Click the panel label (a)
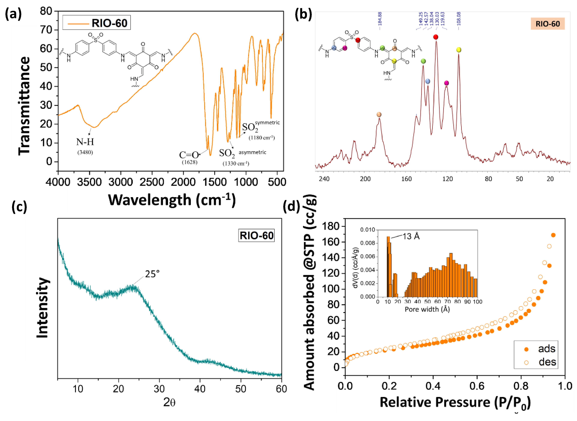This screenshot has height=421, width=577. (x=13, y=14)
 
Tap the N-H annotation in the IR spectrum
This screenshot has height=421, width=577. (x=85, y=142)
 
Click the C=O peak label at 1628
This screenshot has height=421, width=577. (x=189, y=155)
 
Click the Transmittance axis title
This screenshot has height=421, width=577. (x=24, y=106)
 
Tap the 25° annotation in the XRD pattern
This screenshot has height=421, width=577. (x=152, y=274)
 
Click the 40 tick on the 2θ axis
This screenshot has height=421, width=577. (x=200, y=389)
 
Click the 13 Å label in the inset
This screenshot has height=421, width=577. (x=411, y=236)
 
